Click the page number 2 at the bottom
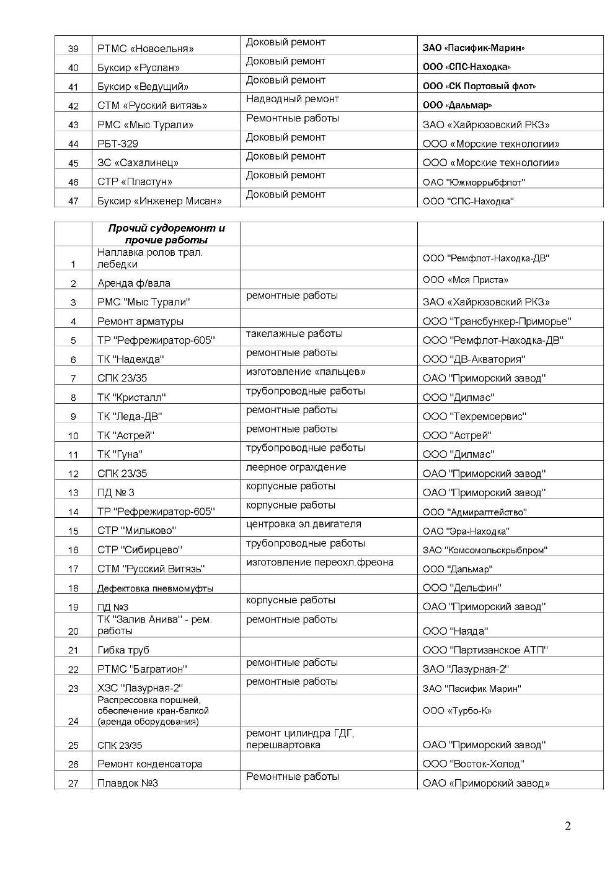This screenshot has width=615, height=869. coord(567,826)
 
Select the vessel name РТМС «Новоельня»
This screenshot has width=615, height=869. coord(146,48)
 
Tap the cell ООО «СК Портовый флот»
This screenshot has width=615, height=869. coord(479,86)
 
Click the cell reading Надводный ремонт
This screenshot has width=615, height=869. coord(293,99)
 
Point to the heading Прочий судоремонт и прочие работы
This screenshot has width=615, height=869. coord(166,234)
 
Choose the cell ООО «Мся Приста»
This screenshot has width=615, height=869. coord(466,280)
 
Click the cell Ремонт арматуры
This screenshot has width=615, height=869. coord(140,321)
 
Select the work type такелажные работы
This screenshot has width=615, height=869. coord(294,334)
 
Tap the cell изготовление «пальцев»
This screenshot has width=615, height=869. coord(306,372)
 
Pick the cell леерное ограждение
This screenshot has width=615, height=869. coord(296,467)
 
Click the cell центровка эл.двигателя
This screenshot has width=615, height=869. coord(304,524)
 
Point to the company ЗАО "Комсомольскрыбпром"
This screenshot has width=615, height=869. coord(485,550)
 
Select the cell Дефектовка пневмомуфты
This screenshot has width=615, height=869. coord(155,588)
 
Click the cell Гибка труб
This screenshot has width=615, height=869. coord(123,650)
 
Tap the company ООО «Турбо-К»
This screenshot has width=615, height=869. coord(458,710)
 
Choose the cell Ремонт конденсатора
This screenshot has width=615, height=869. coord(150,764)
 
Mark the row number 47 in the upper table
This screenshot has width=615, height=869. coord(73,201)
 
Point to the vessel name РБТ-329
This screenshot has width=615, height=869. coord(118,144)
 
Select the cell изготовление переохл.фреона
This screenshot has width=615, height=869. coord(320,562)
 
